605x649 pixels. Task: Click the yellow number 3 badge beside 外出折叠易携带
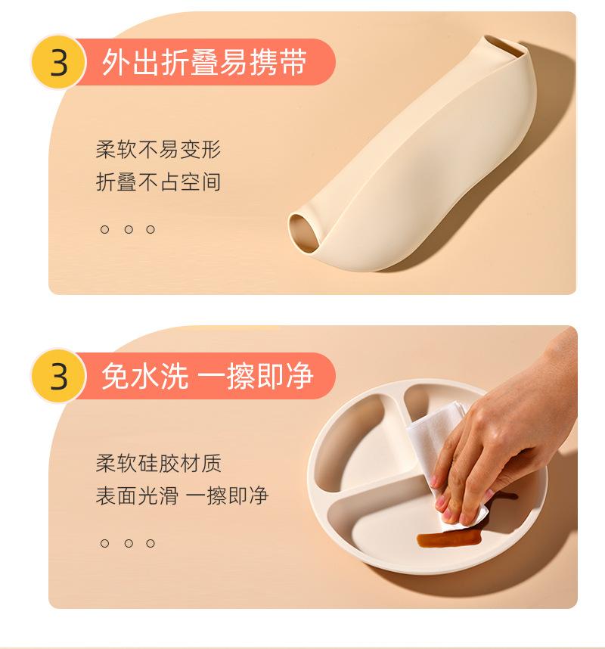58,62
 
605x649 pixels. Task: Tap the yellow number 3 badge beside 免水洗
58,376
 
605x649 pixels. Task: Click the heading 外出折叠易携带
204,62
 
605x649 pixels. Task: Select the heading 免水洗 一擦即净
207,376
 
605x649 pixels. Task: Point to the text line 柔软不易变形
159,150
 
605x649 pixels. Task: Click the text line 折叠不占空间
159,182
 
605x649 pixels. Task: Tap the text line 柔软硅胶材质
159,463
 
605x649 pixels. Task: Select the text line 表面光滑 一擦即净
182,496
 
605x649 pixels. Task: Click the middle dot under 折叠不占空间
129,229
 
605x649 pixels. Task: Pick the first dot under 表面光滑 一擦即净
104,543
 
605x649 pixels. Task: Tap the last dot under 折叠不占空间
150,229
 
